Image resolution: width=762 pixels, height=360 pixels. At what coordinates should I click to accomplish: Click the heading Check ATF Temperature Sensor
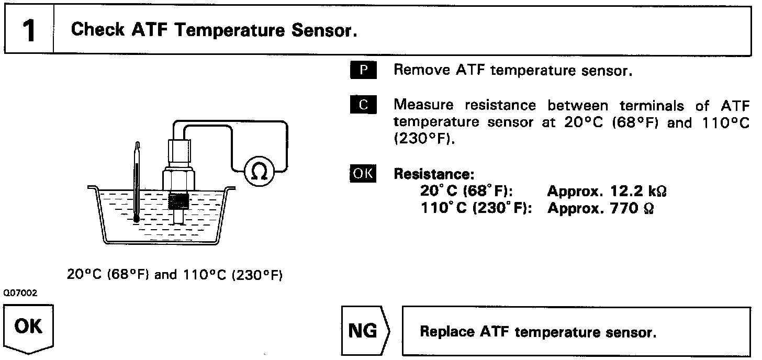tap(214, 30)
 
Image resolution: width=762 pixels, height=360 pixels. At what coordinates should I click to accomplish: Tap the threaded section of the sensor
tap(179, 201)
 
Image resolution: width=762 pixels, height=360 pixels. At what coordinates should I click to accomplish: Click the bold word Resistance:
tap(433, 174)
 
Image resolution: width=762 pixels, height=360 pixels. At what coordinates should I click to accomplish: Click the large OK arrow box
tap(29, 328)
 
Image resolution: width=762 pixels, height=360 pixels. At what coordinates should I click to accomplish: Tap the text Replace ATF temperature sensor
tap(537, 332)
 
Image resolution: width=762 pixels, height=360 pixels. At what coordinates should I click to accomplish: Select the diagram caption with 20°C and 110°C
tap(175, 274)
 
